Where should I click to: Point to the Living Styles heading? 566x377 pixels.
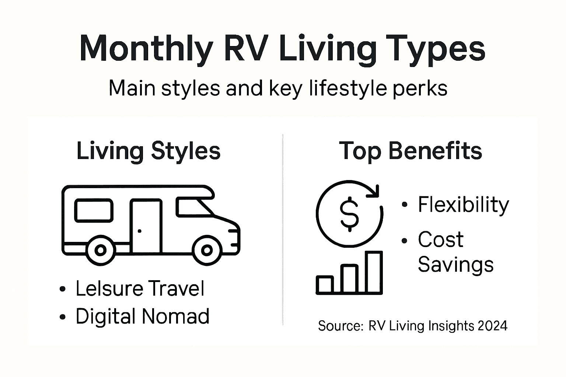click(x=148, y=151)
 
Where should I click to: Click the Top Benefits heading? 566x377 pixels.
click(x=410, y=151)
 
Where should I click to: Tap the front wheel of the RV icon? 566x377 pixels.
click(x=207, y=250)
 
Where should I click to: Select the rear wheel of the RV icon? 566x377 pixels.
click(x=100, y=250)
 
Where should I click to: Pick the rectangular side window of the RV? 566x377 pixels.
click(x=94, y=211)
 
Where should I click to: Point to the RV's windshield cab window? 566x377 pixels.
click(x=193, y=207)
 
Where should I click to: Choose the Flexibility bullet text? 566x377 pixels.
click(x=463, y=205)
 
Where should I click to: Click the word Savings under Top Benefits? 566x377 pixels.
click(x=455, y=264)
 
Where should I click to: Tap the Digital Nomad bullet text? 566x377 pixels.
click(x=142, y=316)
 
